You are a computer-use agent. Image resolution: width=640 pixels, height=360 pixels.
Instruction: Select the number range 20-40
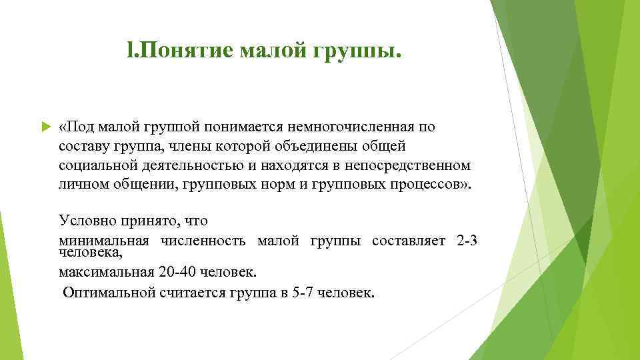179,272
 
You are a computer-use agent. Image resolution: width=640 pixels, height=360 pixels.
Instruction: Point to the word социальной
93,165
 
